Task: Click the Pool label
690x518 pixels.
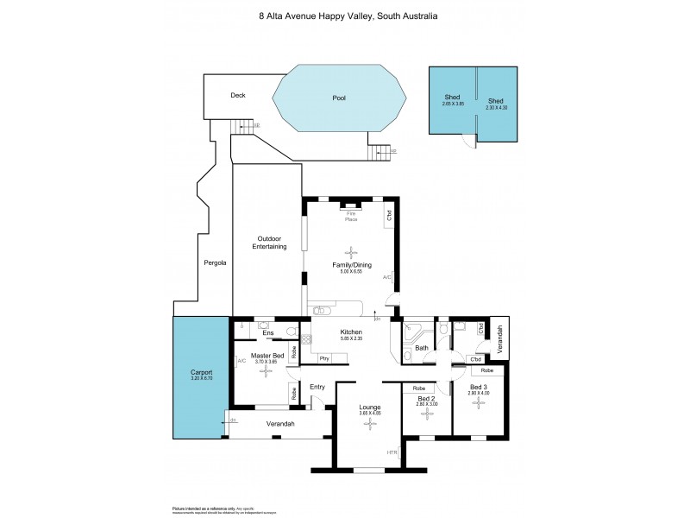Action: [339, 98]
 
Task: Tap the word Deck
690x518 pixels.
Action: [239, 97]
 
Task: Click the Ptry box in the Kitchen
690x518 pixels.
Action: [324, 357]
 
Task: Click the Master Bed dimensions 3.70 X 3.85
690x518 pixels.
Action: [267, 362]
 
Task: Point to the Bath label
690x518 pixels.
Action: [421, 348]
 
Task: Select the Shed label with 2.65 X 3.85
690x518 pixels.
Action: [451, 98]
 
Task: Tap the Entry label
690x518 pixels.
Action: [317, 387]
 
